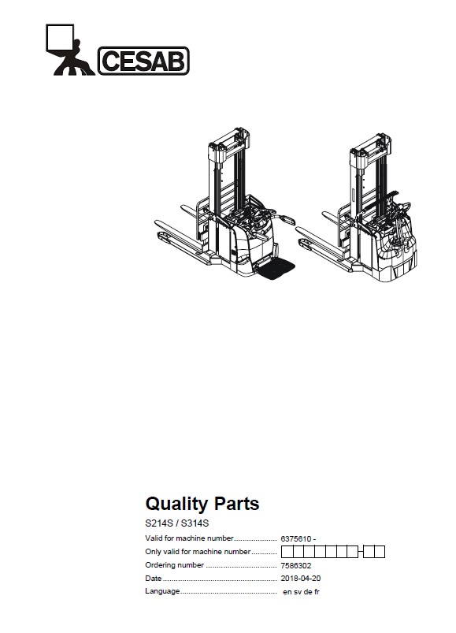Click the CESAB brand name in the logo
143,61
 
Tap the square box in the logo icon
60,38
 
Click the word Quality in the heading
177,504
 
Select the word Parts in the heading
236,504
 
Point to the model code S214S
159,523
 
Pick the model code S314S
195,523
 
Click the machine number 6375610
296,539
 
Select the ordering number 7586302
296,565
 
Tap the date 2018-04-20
301,578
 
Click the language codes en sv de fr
301,592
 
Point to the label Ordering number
174,565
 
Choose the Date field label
154,578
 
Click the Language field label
162,591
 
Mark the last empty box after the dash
380,552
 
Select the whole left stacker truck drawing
224,203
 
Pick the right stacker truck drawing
357,207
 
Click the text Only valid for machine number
198,552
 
